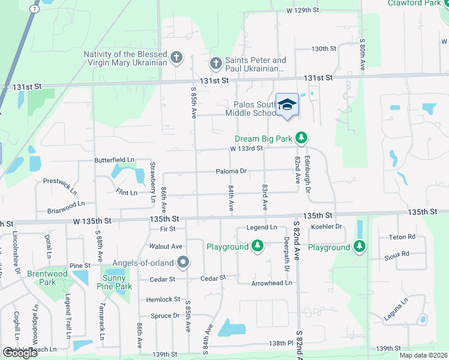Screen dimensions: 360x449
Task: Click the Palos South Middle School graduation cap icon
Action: pyautogui.click(x=287, y=104)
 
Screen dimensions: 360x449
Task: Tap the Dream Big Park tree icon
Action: pyautogui.click(x=302, y=139)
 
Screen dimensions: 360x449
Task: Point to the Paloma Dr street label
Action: pyautogui.click(x=232, y=171)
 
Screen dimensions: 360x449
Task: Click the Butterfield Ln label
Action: pyautogui.click(x=114, y=160)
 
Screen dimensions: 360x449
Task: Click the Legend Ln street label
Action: pyautogui.click(x=262, y=227)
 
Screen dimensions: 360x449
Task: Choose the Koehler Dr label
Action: pyautogui.click(x=327, y=227)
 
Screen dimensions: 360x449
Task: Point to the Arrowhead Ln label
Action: pyautogui.click(x=271, y=283)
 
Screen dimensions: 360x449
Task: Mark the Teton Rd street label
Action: pyautogui.click(x=402, y=237)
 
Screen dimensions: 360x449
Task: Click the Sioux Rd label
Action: pyautogui.click(x=397, y=254)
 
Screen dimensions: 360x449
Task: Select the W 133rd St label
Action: pyautogui.click(x=246, y=149)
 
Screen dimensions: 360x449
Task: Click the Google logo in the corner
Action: pyautogui.click(x=20, y=352)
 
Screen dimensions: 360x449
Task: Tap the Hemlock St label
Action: pyautogui.click(x=163, y=299)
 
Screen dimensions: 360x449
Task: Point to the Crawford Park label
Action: pyautogui.click(x=414, y=3)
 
